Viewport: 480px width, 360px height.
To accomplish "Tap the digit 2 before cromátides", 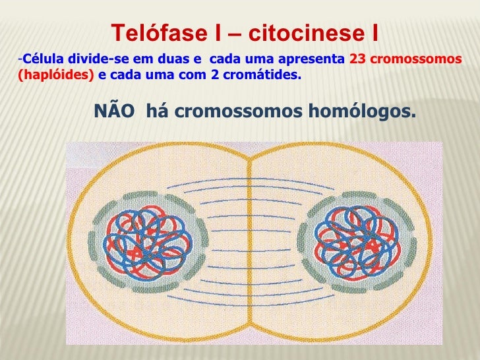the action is [215, 75].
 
